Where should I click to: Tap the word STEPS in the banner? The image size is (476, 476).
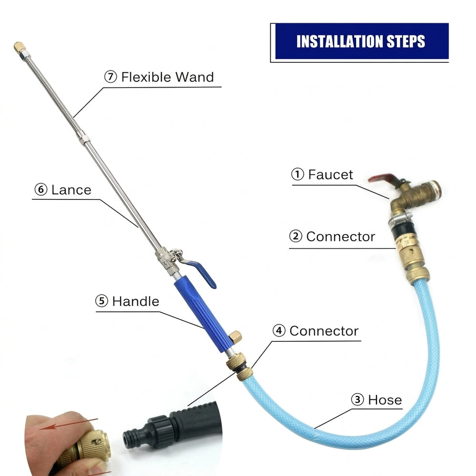coord(406,41)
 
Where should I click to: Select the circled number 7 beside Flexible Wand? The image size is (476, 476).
coord(110,77)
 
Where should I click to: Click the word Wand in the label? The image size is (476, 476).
coord(195,77)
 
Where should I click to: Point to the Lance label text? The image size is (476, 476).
coord(71,190)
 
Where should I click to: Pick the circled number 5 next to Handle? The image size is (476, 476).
coord(101,301)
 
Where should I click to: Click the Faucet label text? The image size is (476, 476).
coord(331,175)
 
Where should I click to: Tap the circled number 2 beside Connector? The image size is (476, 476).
coord(296,236)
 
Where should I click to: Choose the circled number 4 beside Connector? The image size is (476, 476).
coord(278,331)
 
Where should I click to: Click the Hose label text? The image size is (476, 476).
coord(385,400)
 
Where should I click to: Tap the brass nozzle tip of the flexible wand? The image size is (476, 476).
coord(19,47)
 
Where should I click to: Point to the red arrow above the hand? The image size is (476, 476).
coord(69,424)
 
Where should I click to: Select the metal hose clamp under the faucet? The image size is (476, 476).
coord(401,218)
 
